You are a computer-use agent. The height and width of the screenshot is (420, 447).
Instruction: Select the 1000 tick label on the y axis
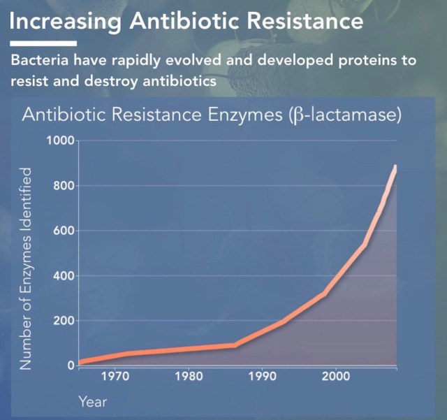[x=60, y=140]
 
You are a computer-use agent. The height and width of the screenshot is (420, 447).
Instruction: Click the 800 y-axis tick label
[x=64, y=186]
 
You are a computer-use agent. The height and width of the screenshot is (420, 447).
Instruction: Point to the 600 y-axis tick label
[x=64, y=231]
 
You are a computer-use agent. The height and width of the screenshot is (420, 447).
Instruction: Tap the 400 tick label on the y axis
[x=64, y=276]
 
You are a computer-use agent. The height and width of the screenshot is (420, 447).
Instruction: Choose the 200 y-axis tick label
[x=64, y=321]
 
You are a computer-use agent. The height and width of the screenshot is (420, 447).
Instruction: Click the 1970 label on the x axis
[x=114, y=377]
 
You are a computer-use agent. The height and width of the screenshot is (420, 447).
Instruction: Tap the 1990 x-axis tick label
[x=261, y=377]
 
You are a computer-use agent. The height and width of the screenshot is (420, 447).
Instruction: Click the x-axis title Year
[x=92, y=402]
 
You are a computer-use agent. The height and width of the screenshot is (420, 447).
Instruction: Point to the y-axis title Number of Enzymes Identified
[x=26, y=269]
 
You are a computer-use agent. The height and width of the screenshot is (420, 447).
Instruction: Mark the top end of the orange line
[x=395, y=167]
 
